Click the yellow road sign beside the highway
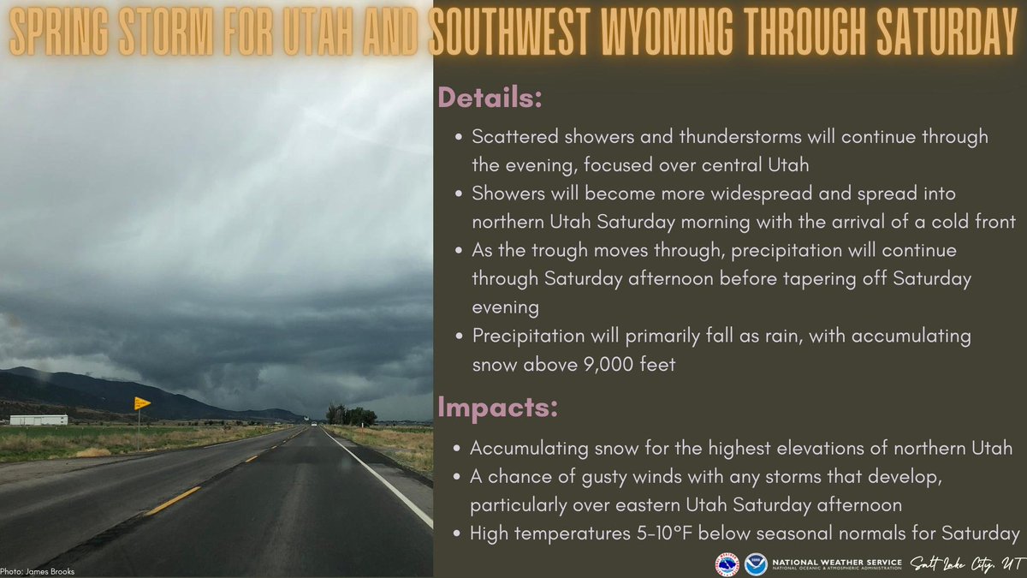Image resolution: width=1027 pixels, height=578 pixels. pos(141,403)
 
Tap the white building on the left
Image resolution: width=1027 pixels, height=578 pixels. pos(39,420)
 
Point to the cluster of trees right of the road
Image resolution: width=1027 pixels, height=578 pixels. pos(351,416)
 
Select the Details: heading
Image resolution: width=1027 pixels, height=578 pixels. pos(490,98)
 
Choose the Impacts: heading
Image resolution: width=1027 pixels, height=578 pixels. pos(497,408)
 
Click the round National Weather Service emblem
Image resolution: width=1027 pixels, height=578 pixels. pos(727,564)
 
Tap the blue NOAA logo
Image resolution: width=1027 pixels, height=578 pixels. pos(755,564)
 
